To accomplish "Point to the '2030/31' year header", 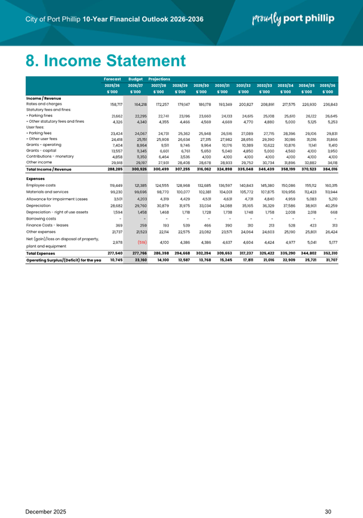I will [x=223, y=85].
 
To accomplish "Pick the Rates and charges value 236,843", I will [x=330, y=105].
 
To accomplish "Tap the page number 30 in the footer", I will [x=328, y=496].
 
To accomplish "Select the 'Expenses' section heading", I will [x=37, y=177].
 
